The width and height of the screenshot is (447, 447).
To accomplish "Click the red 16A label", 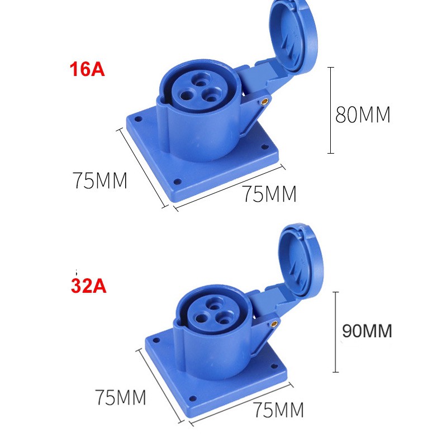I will coord(87,71).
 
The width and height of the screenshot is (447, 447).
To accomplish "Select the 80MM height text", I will coord(362,115).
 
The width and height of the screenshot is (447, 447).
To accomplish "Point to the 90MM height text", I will coord(367,331).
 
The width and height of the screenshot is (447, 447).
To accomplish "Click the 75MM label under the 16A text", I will coord(100,180).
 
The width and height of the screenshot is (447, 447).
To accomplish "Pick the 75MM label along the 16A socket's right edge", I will coord(269,194).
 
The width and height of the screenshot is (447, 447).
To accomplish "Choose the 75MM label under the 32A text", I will coord(120,398).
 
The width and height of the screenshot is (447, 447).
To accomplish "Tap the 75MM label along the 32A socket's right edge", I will coord(278,410).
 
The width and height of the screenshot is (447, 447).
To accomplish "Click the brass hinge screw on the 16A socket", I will coord(264,102).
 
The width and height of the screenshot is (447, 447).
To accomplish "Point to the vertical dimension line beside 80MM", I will coord(331,110).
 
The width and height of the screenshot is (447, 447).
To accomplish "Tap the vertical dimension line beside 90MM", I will coord(335,332).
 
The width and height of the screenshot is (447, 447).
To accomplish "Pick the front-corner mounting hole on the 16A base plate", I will coord(177,182).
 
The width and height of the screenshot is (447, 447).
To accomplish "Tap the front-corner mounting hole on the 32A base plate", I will coord(193,398).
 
